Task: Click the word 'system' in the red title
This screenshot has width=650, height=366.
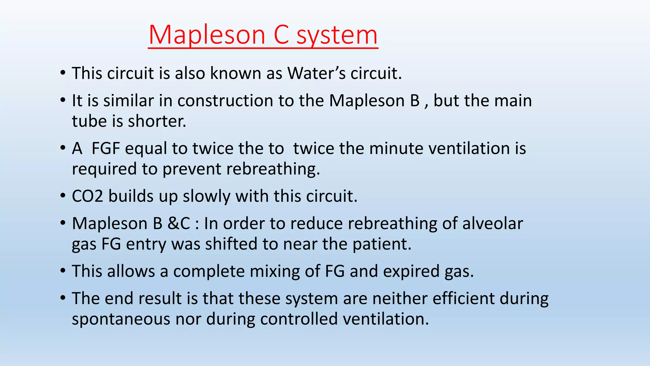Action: pos(337,35)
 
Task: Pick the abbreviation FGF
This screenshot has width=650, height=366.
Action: pos(105,148)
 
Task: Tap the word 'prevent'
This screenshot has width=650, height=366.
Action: pos(192,169)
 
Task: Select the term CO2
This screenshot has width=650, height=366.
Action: pos(87,196)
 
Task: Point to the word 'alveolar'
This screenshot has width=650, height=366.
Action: pos(493,223)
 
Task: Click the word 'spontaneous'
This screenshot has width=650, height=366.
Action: pos(121,319)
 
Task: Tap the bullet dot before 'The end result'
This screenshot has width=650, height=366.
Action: pos(63,298)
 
